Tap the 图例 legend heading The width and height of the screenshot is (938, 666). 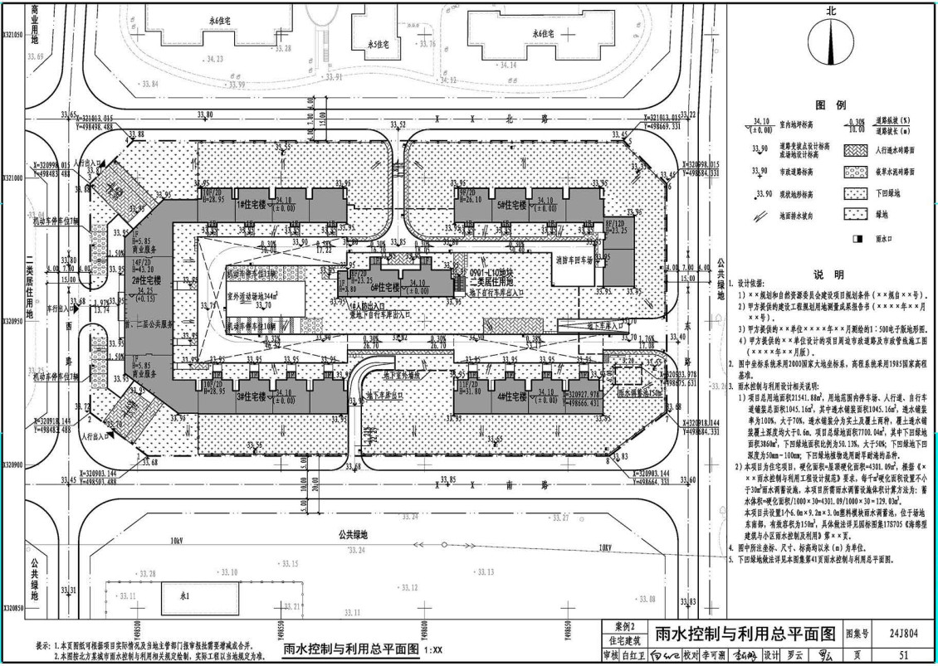[x=829, y=106]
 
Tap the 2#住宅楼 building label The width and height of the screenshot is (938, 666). [x=145, y=280]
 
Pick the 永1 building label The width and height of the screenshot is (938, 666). [x=187, y=596]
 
